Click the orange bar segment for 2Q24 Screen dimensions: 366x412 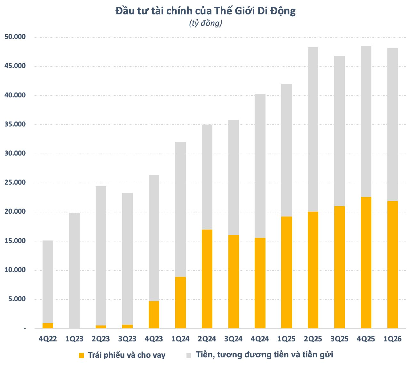click(x=207, y=279)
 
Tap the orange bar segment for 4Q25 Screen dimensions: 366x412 click(x=366, y=263)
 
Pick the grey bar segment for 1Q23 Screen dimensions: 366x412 click(x=74, y=271)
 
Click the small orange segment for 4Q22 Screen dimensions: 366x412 click(x=48, y=326)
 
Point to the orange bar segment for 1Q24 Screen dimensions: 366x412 click(x=180, y=302)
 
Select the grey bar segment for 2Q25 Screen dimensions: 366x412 click(x=313, y=129)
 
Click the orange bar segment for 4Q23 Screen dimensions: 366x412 click(x=154, y=315)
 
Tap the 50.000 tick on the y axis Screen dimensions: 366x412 click(x=15, y=37)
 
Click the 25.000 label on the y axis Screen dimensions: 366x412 click(x=15, y=183)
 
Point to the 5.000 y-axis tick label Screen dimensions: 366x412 click(x=17, y=299)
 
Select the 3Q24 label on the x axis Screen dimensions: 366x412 click(x=234, y=339)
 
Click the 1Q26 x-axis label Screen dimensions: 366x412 click(x=392, y=339)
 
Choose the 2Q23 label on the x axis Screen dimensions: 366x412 click(x=101, y=339)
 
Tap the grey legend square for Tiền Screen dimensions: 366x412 click(x=189, y=355)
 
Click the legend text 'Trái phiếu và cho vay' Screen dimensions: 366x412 click(x=127, y=355)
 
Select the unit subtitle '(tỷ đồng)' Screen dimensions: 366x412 click(x=206, y=23)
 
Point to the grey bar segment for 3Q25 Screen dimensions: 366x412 click(x=339, y=131)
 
